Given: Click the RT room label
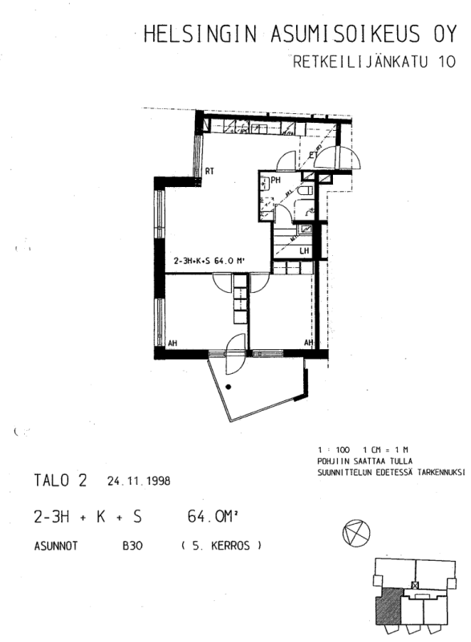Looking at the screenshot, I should coord(209,171).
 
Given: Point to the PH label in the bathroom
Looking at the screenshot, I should coord(275,181).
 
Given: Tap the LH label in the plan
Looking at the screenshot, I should coord(304,251).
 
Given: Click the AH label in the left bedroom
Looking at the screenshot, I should coord(172,343).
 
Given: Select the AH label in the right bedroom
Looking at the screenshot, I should coord(307,343).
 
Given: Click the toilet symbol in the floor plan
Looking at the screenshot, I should coord(306,191).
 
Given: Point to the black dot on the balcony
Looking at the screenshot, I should coord(229,387).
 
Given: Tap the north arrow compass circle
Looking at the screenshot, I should coord(355,532).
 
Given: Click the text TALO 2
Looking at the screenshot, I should coord(61,481).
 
